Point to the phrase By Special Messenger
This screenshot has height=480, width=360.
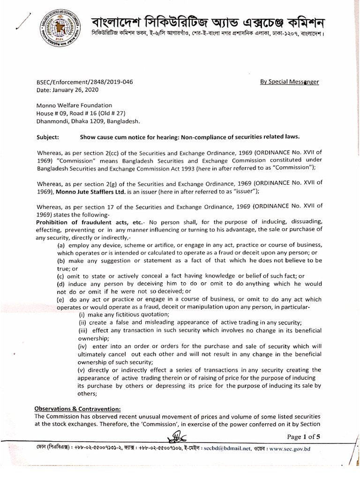290,82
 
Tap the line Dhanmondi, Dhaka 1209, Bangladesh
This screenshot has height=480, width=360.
88,121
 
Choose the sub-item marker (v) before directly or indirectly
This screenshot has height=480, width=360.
83,369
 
